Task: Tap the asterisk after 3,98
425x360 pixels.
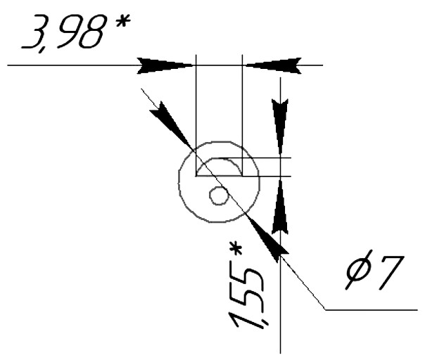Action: [x=122, y=21]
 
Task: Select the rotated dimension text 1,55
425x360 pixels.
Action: [x=246, y=298]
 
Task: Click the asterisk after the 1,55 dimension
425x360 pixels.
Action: [x=235, y=249]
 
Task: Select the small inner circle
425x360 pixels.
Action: [x=219, y=195]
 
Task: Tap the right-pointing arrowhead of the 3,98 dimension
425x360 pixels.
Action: [x=165, y=65]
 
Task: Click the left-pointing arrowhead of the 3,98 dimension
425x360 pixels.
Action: [x=273, y=65]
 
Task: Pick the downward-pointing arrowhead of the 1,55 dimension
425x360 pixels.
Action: [x=280, y=127]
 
